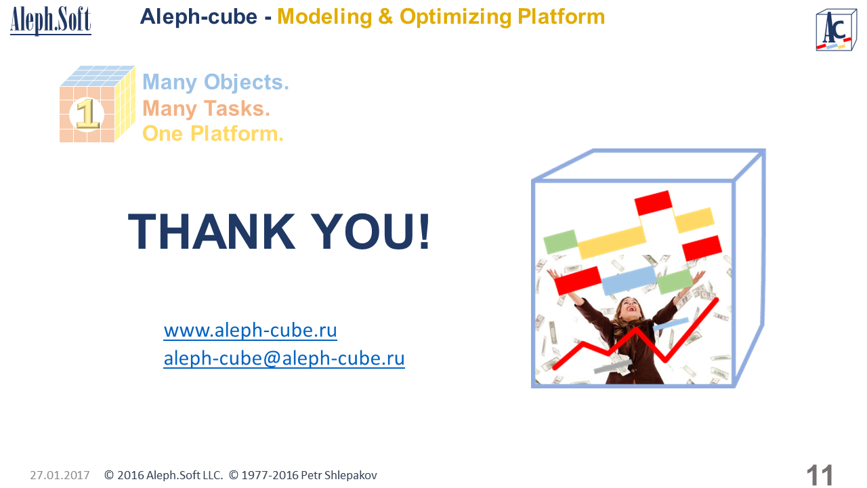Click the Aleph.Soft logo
[x=51, y=20]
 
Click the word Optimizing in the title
[x=455, y=17]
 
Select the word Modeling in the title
[x=324, y=17]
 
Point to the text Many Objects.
[x=215, y=82]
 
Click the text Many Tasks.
[x=206, y=108]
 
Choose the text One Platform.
[x=213, y=134]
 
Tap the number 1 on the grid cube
[x=87, y=113]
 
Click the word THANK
[x=211, y=231]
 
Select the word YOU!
[x=371, y=231]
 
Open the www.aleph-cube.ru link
[x=250, y=330]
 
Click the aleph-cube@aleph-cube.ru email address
[x=284, y=359]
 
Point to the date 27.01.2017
[x=60, y=475]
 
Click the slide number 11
[x=820, y=475]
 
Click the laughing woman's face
[x=630, y=310]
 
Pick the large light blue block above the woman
[x=629, y=281]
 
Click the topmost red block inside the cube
[x=654, y=203]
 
